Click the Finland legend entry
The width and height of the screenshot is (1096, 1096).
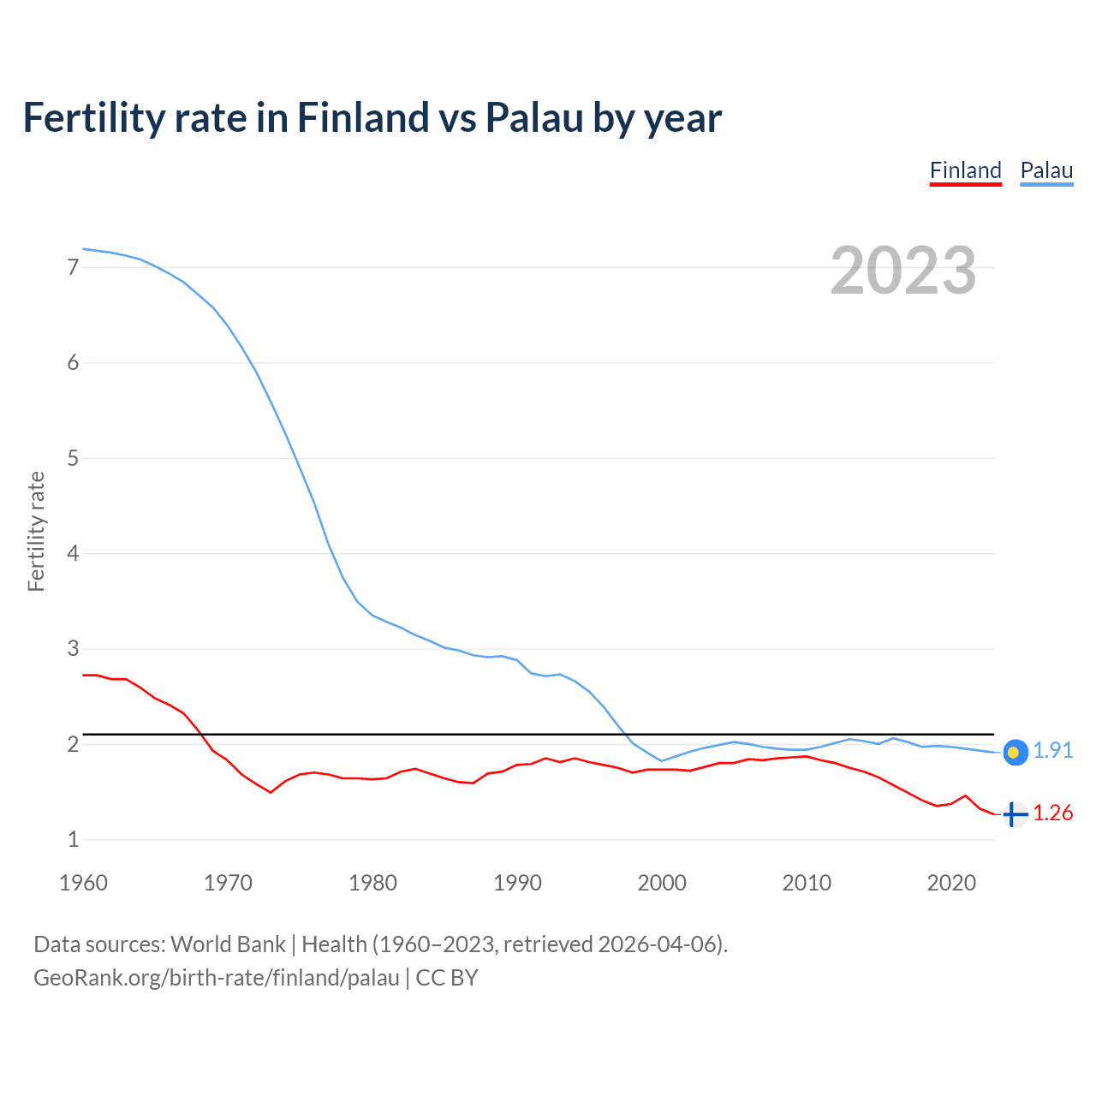click(x=965, y=170)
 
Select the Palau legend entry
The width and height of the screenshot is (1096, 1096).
click(x=1046, y=170)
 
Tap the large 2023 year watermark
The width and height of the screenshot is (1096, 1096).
click(x=902, y=271)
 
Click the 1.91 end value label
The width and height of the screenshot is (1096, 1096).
click(x=1052, y=750)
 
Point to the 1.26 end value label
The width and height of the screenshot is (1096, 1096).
click(x=1052, y=813)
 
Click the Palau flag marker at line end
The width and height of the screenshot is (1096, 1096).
click(x=1015, y=752)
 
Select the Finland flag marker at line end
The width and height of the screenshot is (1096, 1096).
click(x=1015, y=814)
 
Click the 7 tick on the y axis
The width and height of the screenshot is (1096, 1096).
click(x=73, y=267)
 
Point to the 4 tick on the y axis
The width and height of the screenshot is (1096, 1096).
click(x=73, y=553)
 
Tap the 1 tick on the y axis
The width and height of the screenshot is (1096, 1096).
click(x=73, y=839)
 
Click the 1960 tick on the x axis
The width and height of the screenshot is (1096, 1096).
click(x=83, y=883)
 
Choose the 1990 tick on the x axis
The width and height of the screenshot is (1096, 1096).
click(x=517, y=883)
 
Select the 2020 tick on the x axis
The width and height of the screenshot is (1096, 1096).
click(x=951, y=883)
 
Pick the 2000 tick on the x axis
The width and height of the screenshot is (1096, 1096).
click(x=662, y=883)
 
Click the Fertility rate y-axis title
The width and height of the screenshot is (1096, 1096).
click(x=36, y=531)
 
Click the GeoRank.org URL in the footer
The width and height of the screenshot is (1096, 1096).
click(x=216, y=978)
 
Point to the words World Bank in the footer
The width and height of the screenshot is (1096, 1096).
click(x=228, y=944)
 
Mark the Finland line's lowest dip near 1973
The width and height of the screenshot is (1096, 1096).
click(x=271, y=792)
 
